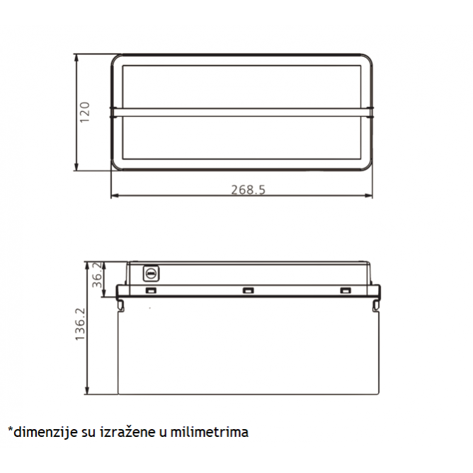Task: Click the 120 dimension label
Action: point(85,112)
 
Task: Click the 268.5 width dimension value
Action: point(249,190)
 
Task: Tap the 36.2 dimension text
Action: point(97,275)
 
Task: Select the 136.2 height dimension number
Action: point(80,324)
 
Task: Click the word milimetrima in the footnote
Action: point(210,432)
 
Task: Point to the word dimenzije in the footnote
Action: point(45,433)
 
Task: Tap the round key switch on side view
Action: point(151,273)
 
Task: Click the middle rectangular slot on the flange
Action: point(249,290)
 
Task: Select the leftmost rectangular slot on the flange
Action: point(151,290)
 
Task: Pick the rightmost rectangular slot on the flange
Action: point(346,290)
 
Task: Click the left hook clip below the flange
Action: point(120,304)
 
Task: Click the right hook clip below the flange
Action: point(376,304)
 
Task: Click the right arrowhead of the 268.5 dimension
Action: point(368,195)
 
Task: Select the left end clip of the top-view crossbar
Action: point(113,112)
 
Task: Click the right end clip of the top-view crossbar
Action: point(370,112)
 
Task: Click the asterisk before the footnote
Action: point(11,429)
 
